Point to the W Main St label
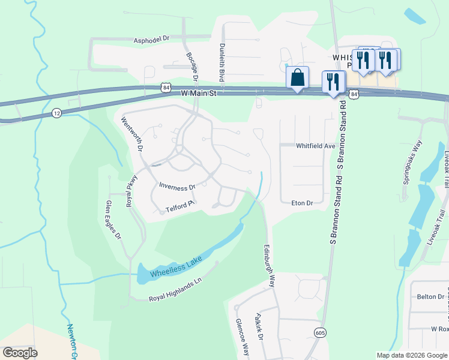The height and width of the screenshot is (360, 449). tap(198, 94)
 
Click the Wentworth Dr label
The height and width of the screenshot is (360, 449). tap(133, 134)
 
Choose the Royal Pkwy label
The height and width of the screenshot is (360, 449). tap(131, 191)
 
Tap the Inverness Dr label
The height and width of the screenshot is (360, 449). tap(176, 187)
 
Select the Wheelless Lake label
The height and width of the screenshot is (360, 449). tap(175, 266)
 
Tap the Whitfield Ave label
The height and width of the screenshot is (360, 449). tap(315, 146)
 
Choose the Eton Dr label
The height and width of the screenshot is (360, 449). tap(302, 203)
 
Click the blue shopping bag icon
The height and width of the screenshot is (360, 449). tap(298, 78)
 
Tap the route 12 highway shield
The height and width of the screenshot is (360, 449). tap(56, 113)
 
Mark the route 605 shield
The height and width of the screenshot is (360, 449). tap(319, 332)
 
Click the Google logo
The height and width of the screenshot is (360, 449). tap(20, 352)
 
